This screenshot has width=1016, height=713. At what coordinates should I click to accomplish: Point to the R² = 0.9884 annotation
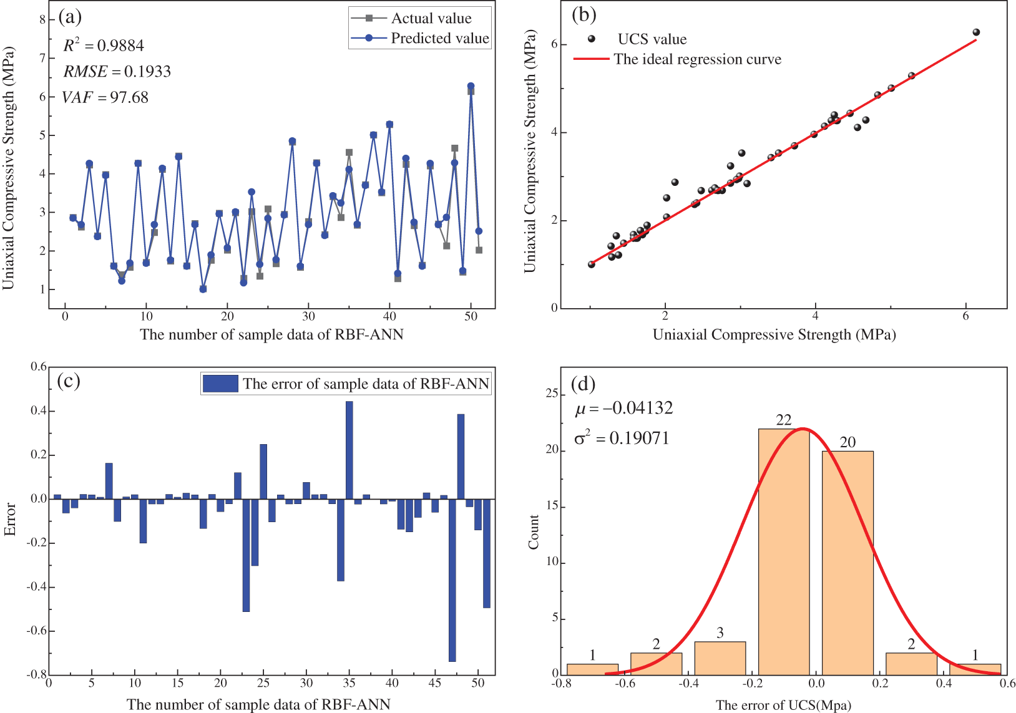click(104, 46)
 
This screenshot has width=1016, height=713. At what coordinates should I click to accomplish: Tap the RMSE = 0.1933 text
click(117, 72)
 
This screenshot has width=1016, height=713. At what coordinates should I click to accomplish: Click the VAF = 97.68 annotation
click(105, 97)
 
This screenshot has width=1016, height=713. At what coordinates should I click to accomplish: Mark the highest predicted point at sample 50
click(471, 86)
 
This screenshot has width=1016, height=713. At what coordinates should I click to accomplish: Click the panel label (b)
click(584, 15)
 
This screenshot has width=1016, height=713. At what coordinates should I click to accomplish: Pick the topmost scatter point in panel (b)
click(976, 32)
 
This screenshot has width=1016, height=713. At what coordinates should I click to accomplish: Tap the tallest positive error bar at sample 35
click(349, 450)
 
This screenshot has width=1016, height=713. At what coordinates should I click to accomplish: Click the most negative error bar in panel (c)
click(452, 580)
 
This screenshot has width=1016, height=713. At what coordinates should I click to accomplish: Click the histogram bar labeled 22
click(783, 551)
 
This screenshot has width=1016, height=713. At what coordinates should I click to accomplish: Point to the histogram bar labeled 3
click(720, 658)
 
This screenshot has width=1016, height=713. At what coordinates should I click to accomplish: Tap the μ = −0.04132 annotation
click(623, 409)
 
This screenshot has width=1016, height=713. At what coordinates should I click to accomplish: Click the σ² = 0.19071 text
click(622, 438)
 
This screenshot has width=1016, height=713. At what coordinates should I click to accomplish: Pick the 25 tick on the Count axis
click(552, 394)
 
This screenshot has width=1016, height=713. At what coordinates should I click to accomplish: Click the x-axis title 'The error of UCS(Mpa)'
click(783, 705)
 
